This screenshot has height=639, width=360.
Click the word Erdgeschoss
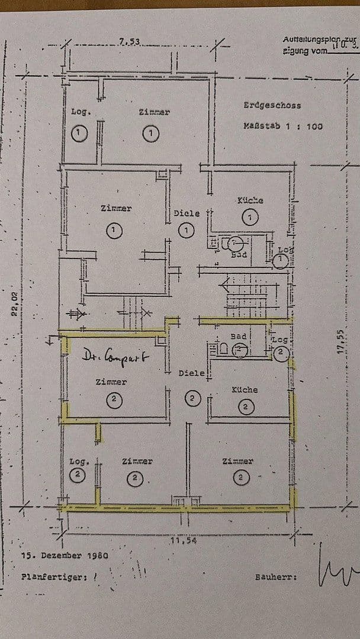pos(272,105)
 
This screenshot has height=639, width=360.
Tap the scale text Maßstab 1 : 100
pos(283,126)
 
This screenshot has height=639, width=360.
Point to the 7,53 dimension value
pos(129,41)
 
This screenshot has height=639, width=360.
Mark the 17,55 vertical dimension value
pos(340,341)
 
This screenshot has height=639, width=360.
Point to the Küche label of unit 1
pos(250,201)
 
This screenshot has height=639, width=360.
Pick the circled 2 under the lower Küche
pos(246,406)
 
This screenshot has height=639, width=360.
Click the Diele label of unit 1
pos(187,214)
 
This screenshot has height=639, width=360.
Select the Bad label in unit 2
pos(238,336)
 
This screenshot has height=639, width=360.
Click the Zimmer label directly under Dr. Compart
pos(111,382)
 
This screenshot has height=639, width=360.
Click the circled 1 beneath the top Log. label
pos(79,133)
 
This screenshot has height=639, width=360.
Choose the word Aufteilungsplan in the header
pos(308,40)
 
